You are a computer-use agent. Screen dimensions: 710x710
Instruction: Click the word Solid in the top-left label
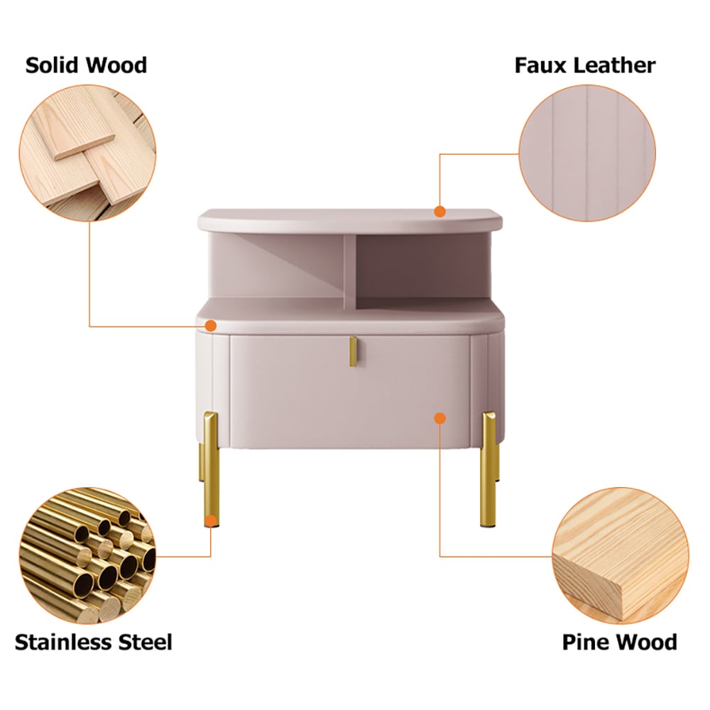tap(53, 65)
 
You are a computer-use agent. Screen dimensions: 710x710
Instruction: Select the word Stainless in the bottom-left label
tap(62, 642)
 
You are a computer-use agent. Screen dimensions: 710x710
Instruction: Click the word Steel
tap(145, 642)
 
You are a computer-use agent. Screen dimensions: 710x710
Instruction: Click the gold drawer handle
tap(353, 351)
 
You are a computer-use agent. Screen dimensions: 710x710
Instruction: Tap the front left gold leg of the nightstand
tap(211, 469)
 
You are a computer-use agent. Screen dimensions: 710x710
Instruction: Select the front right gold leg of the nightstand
tap(488, 469)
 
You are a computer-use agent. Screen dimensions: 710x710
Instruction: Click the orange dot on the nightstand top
tap(439, 212)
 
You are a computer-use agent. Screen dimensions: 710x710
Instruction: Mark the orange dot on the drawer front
tap(439, 418)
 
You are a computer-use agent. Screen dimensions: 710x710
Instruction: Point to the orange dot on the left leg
tap(211, 520)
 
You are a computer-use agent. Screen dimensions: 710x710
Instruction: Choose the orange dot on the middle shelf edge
tap(211, 326)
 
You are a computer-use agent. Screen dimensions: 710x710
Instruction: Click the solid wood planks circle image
tap(87, 153)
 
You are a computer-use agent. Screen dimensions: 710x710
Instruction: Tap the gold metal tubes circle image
tap(87, 556)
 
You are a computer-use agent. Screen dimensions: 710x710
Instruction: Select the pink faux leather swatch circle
tap(587, 153)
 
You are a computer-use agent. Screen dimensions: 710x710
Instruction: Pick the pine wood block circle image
tap(621, 556)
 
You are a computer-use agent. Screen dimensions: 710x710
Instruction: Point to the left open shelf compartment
tap(277, 267)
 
